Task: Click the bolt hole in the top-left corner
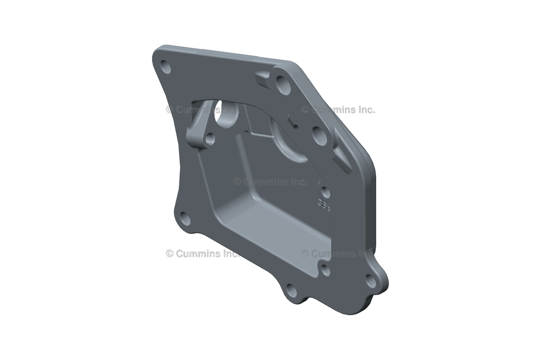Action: click(166, 67)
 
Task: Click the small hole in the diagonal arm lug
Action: click(209, 139)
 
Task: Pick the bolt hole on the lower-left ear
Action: click(185, 218)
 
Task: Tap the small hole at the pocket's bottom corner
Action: click(326, 271)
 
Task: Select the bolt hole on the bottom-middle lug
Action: click(291, 290)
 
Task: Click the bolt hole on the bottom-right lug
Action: click(371, 281)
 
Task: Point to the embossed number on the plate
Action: click(324, 205)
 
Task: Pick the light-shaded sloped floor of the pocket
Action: click(275, 222)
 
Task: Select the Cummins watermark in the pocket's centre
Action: click(270, 182)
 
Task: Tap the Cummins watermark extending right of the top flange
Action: click(338, 110)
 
